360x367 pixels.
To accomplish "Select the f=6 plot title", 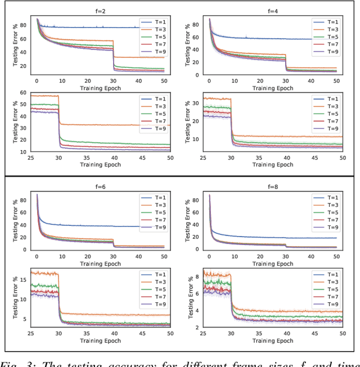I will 98,185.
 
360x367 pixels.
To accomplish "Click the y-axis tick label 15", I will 24,279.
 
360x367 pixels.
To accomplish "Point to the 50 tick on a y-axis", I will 24,104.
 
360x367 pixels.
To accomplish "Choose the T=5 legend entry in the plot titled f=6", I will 156,213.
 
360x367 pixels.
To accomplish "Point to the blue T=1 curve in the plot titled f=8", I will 270,238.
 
